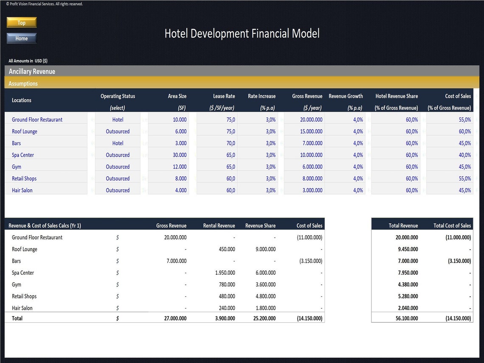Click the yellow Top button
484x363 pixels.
tap(22, 23)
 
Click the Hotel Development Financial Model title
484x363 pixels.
tap(242, 34)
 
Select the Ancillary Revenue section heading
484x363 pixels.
tap(32, 72)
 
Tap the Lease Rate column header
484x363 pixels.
tap(224, 96)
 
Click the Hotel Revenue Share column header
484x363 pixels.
tap(397, 96)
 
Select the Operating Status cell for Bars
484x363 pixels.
tap(118, 143)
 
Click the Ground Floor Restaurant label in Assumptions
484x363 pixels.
tap(37, 120)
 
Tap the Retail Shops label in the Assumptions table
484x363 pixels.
tap(24, 179)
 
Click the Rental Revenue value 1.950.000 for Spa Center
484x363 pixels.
tap(225, 273)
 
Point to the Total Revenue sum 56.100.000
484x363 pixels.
tap(406, 318)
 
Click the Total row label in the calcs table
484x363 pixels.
tap(17, 318)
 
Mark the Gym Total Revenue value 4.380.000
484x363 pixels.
tap(408, 285)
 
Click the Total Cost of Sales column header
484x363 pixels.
tap(452, 226)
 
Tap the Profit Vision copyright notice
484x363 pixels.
tap(45, 4)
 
